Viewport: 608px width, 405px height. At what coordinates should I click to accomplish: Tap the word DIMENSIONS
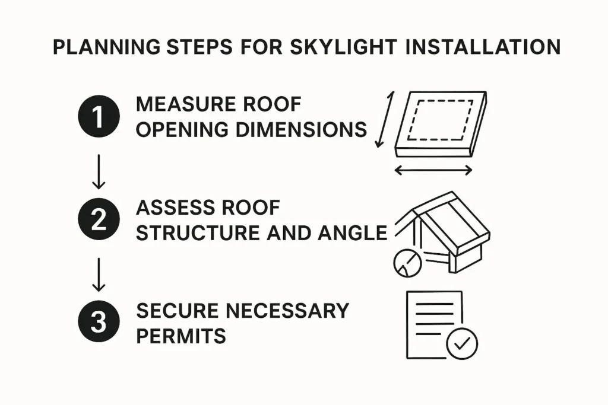[x=297, y=129]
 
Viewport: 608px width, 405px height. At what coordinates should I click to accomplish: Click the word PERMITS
[x=180, y=336]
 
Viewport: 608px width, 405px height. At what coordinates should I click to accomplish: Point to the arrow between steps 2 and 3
[x=99, y=274]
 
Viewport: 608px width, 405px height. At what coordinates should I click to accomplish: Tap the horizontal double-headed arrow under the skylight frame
[x=433, y=171]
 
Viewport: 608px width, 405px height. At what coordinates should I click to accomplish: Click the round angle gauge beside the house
[x=407, y=262]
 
